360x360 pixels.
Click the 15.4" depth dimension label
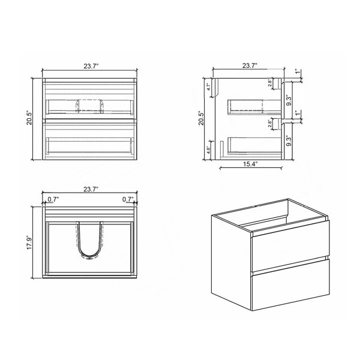[x=250, y=164]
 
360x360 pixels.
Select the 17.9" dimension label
[x=29, y=242]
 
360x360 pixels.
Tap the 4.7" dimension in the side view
[x=209, y=87]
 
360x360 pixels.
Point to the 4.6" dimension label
[x=209, y=150]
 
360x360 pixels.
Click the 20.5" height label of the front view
[x=29, y=118]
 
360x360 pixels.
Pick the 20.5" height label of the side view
[x=202, y=118]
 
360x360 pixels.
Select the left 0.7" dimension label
[x=53, y=199]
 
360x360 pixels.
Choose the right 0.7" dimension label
[x=128, y=199]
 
